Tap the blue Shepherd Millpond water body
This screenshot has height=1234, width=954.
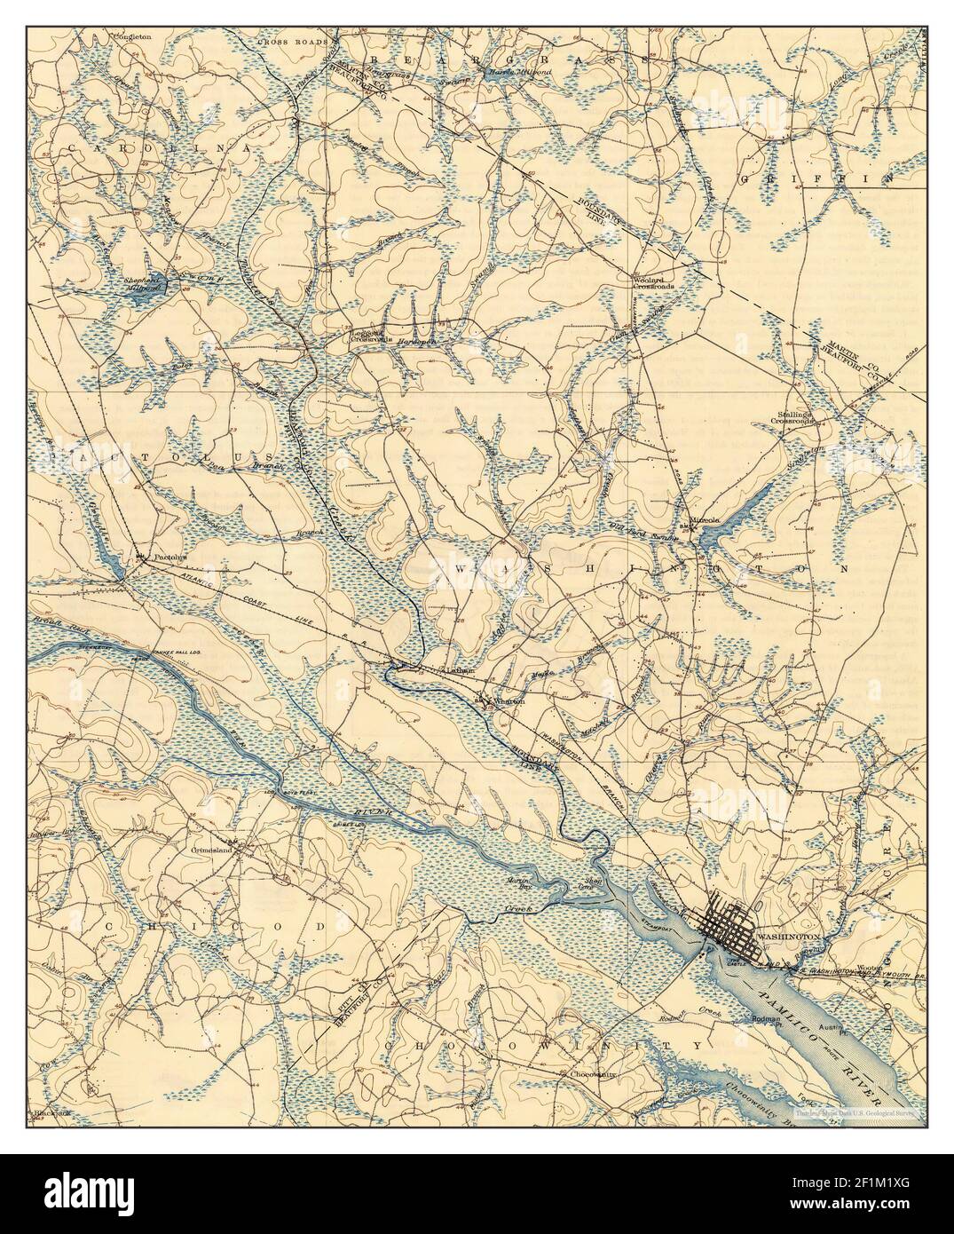coord(140,297)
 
